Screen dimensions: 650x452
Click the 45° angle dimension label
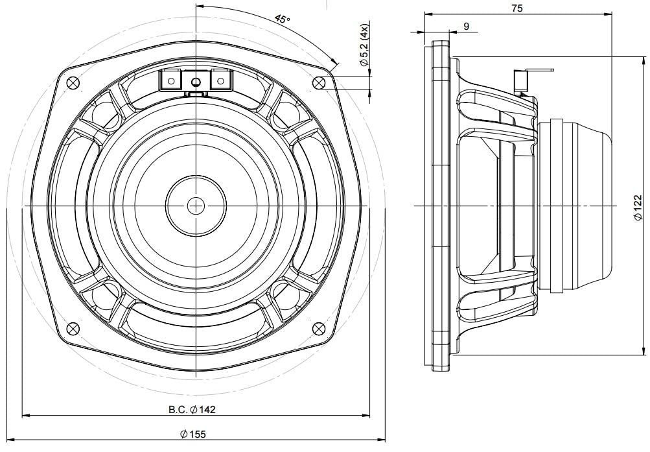(283, 19)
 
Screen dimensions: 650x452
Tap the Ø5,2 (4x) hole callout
(364, 45)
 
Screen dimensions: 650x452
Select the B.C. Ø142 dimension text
(192, 410)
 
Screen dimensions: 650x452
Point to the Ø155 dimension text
(192, 434)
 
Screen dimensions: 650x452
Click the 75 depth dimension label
(517, 8)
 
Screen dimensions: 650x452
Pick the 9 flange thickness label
(467, 27)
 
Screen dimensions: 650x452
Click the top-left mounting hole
(73, 82)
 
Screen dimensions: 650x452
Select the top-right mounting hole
(318, 82)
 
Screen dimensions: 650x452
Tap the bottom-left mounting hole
(73, 328)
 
